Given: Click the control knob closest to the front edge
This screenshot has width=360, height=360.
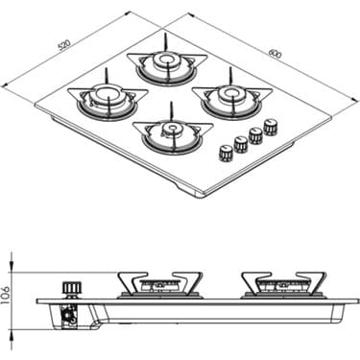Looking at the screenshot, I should point(226,152).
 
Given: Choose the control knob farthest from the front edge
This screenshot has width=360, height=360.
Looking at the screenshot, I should point(271,126).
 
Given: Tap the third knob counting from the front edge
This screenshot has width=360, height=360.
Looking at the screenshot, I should point(255,134).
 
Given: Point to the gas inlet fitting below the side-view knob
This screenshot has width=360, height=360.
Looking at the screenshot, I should point(69,315).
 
